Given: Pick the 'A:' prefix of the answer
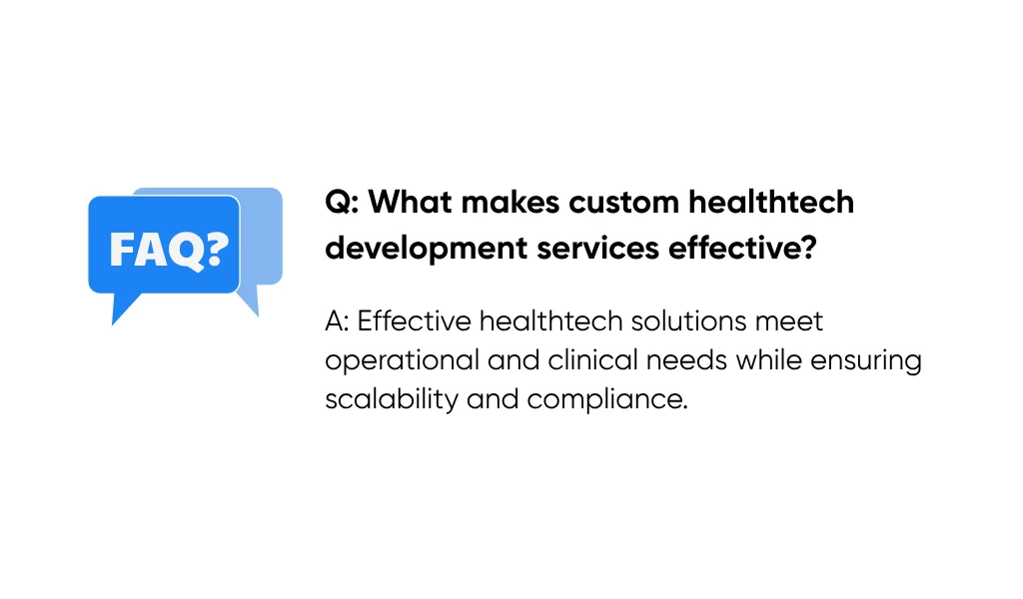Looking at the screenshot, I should pos(337,322).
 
